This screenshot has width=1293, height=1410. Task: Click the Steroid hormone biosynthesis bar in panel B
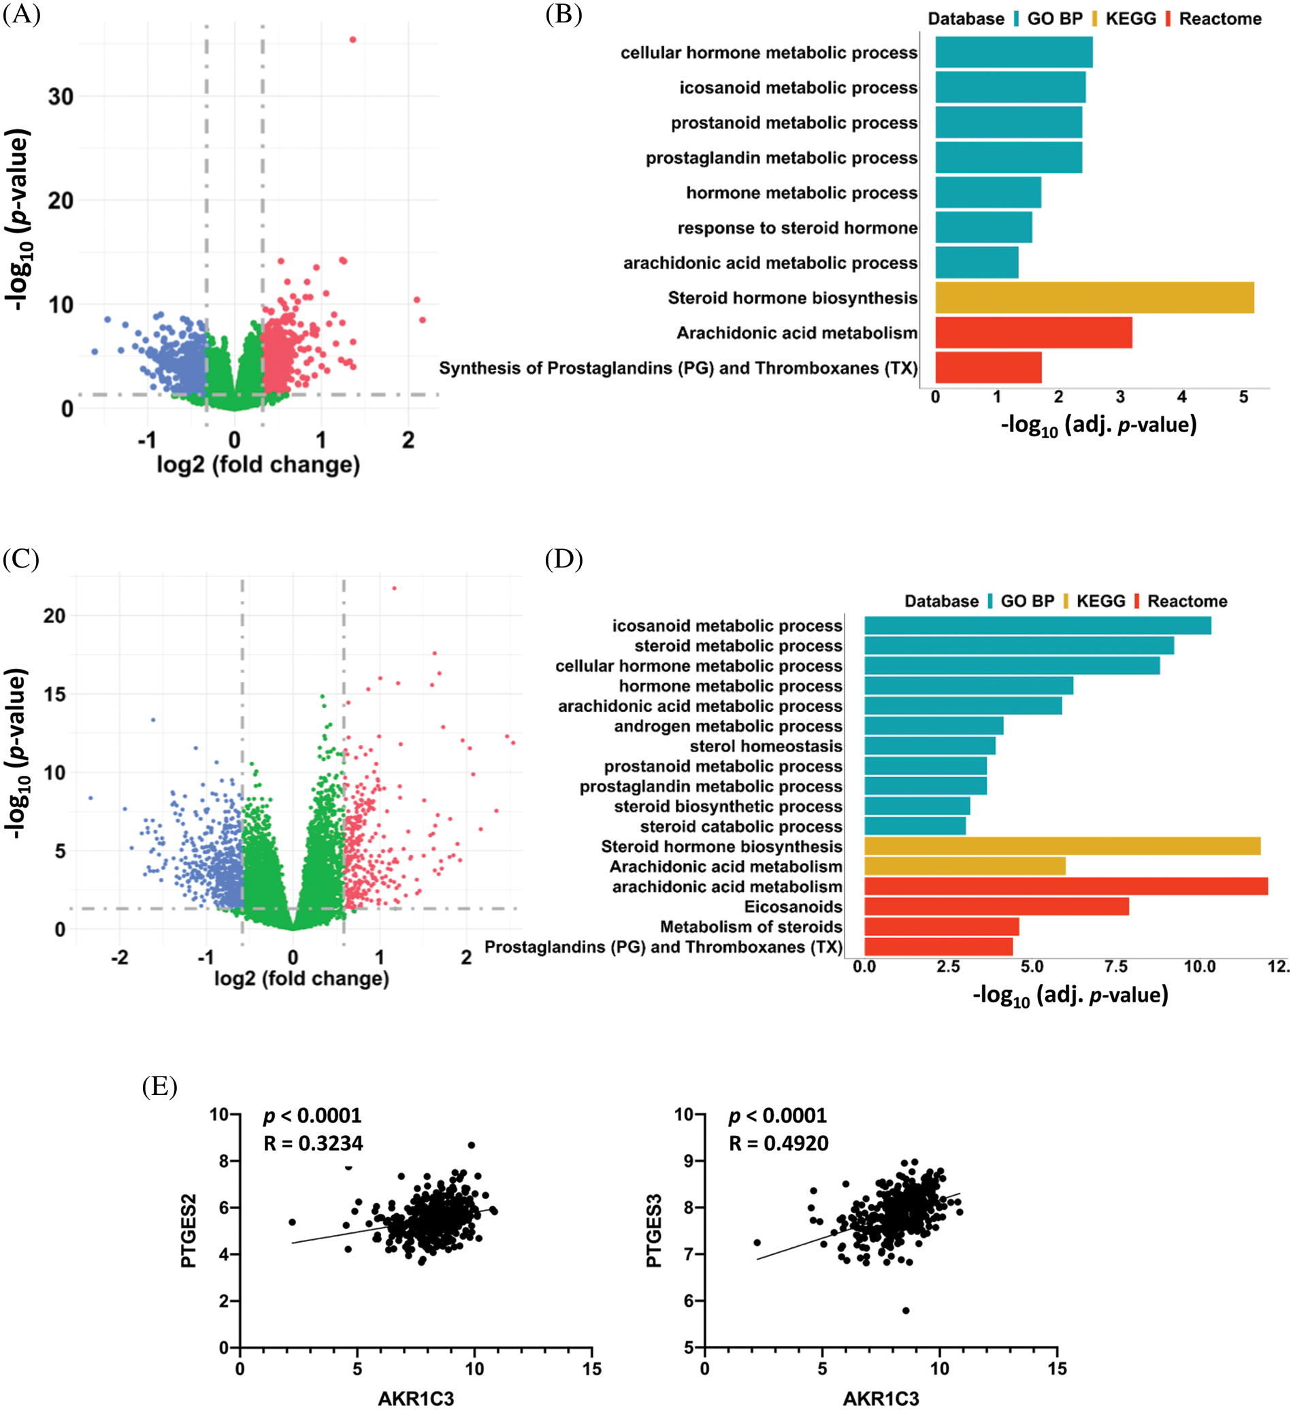coord(1094,297)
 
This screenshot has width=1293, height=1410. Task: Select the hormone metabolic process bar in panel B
coord(987,193)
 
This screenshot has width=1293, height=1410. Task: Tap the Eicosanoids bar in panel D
coord(996,906)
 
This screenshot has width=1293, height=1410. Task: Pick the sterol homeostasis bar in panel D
coord(929,746)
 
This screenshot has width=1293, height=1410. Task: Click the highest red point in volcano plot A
coord(353,40)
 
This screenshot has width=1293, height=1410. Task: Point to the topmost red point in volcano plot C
coord(394,589)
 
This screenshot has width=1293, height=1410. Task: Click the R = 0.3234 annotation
coord(313,1143)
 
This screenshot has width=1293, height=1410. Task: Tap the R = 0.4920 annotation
coord(778,1143)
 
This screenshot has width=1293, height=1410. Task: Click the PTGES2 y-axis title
coord(189,1231)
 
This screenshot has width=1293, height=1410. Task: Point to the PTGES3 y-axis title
coord(653,1231)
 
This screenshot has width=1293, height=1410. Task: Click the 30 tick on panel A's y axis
coord(61,97)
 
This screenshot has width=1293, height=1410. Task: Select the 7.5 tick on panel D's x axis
coord(1115,966)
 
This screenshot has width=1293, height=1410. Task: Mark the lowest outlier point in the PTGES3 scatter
coord(905,1311)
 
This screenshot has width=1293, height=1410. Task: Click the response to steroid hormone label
coord(797,228)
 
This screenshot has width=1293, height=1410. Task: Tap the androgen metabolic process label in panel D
coord(727,726)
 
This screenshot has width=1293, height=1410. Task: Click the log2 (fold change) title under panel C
coord(301,979)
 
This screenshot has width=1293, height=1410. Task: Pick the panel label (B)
coord(563,14)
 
